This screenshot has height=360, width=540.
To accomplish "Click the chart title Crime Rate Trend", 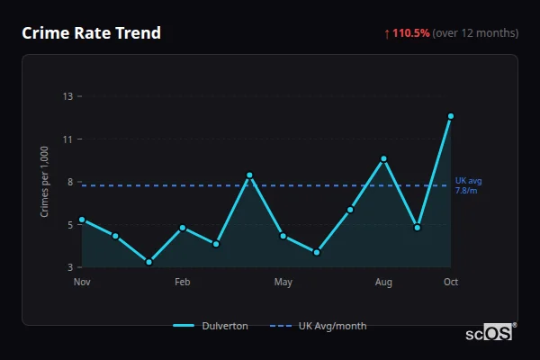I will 91,33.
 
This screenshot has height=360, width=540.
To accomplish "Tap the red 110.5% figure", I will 411,33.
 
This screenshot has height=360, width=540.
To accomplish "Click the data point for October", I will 451,116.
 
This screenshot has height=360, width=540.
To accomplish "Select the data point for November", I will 82,220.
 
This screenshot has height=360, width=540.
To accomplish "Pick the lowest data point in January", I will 148,262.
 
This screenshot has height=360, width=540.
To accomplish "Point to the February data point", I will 183,228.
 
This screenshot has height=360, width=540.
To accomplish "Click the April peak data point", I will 249,175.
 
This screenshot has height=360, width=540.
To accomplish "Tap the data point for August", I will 383,158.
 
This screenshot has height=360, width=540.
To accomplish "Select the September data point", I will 418,228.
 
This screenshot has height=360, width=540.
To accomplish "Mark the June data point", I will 317,252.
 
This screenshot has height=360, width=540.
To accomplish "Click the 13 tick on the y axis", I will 67,96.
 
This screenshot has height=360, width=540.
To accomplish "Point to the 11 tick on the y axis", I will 67,139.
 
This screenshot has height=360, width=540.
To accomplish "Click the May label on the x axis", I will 283,283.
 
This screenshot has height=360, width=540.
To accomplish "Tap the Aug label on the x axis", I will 383,283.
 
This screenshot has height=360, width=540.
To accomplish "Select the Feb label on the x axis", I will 183,283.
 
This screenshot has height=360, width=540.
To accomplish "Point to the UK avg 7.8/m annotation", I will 468,185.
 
